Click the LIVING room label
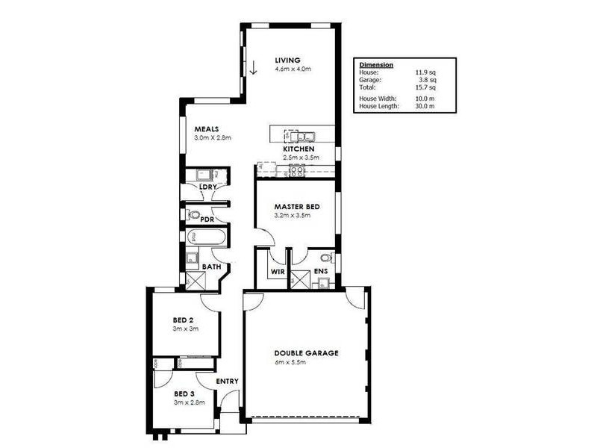[x=287, y=60]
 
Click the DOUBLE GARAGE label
[x=306, y=353]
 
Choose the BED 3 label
[x=184, y=393]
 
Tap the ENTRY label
[x=227, y=382]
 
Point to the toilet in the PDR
[x=194, y=215]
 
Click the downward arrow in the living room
[x=253, y=68]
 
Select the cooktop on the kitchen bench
[x=296, y=170]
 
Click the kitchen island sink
[x=304, y=137]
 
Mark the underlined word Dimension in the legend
[x=376, y=65]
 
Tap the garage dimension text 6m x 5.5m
[x=291, y=363]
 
